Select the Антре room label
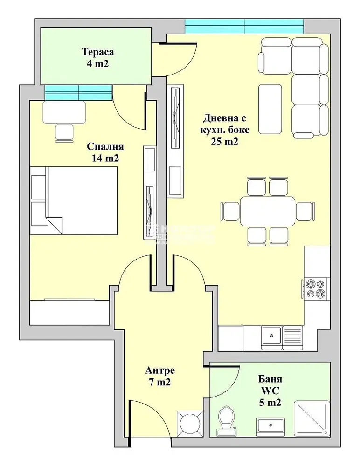(x=160, y=371)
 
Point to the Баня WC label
(x=270, y=385)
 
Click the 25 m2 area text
(x=223, y=142)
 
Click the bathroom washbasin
(x=270, y=425)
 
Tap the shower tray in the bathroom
(x=312, y=418)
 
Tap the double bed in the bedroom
(x=75, y=200)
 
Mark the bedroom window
(x=78, y=92)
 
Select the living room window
(x=244, y=27)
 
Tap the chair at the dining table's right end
(x=304, y=211)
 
